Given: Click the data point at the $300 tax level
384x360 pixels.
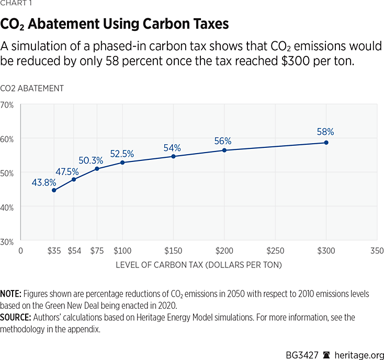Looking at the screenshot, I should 326,142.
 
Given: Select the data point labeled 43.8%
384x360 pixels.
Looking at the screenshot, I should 54,190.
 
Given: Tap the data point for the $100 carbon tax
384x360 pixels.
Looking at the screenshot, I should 122,162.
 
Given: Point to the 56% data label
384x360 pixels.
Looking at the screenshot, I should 223,141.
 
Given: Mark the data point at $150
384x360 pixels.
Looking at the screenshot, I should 173,156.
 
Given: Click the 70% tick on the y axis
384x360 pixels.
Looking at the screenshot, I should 7,105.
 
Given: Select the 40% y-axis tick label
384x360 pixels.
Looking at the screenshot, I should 7,207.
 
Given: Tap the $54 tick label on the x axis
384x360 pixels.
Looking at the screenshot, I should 73,250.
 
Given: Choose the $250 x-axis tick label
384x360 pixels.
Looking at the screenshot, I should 275,250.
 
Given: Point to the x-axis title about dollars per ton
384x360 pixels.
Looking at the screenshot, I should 199,265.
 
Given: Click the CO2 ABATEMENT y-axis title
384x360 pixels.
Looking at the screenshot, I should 32,89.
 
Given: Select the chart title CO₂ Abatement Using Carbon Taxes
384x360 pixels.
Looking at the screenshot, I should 115,25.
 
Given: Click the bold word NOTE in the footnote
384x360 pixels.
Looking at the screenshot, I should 11,294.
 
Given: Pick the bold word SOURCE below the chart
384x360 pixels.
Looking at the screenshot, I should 15,318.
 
